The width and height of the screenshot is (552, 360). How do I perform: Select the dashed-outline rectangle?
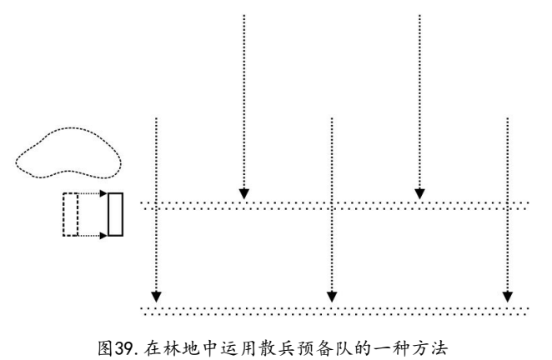coord(71,214)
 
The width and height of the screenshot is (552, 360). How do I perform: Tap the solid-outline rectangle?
coord(115,214)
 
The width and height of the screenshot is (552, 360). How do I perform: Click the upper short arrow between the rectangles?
coord(93,195)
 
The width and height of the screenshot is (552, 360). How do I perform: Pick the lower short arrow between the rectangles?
coord(93,235)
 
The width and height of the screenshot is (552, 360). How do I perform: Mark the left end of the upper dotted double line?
coord(143,205)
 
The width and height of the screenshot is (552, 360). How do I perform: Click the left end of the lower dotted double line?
coord(143,310)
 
